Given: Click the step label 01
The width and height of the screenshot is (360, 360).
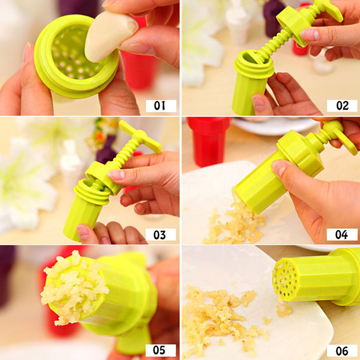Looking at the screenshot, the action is (161, 106).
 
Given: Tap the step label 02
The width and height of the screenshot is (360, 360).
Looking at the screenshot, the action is (342, 106).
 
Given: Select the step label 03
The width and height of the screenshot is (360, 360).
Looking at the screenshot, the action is (161, 234).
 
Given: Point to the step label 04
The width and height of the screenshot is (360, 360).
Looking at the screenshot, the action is (342, 234).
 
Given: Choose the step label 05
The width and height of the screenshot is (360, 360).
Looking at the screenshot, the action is (161, 350).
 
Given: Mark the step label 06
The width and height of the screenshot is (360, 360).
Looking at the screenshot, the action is (342, 351).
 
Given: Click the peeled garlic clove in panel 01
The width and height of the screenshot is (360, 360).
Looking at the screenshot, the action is (110, 36).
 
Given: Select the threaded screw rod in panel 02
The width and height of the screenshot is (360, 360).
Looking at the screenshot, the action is (278, 41).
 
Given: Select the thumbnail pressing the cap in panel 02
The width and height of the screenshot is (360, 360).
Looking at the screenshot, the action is (310, 35).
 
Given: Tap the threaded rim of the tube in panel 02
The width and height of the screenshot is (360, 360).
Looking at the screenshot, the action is (254, 64).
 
